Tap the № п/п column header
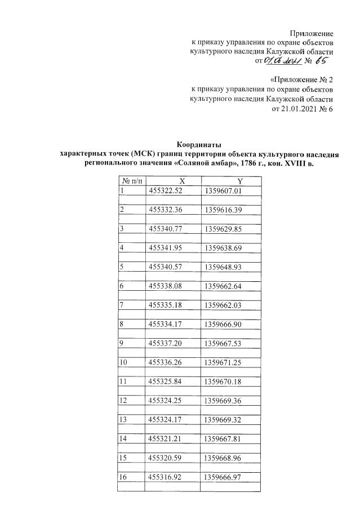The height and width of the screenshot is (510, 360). (x=132, y=180)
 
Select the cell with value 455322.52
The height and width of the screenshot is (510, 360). (x=167, y=190)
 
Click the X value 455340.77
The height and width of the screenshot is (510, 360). (x=167, y=229)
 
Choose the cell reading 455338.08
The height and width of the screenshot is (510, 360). (x=167, y=287)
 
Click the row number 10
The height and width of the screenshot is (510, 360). (x=125, y=363)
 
